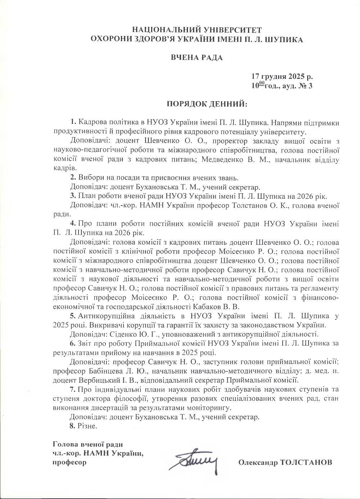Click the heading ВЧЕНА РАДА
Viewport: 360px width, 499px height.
coord(197,57)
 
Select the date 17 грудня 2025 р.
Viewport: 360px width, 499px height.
coord(282,77)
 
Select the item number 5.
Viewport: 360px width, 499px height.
coord(73,316)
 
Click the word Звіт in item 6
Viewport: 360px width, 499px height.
coord(85,343)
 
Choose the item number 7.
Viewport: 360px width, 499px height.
coord(73,390)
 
